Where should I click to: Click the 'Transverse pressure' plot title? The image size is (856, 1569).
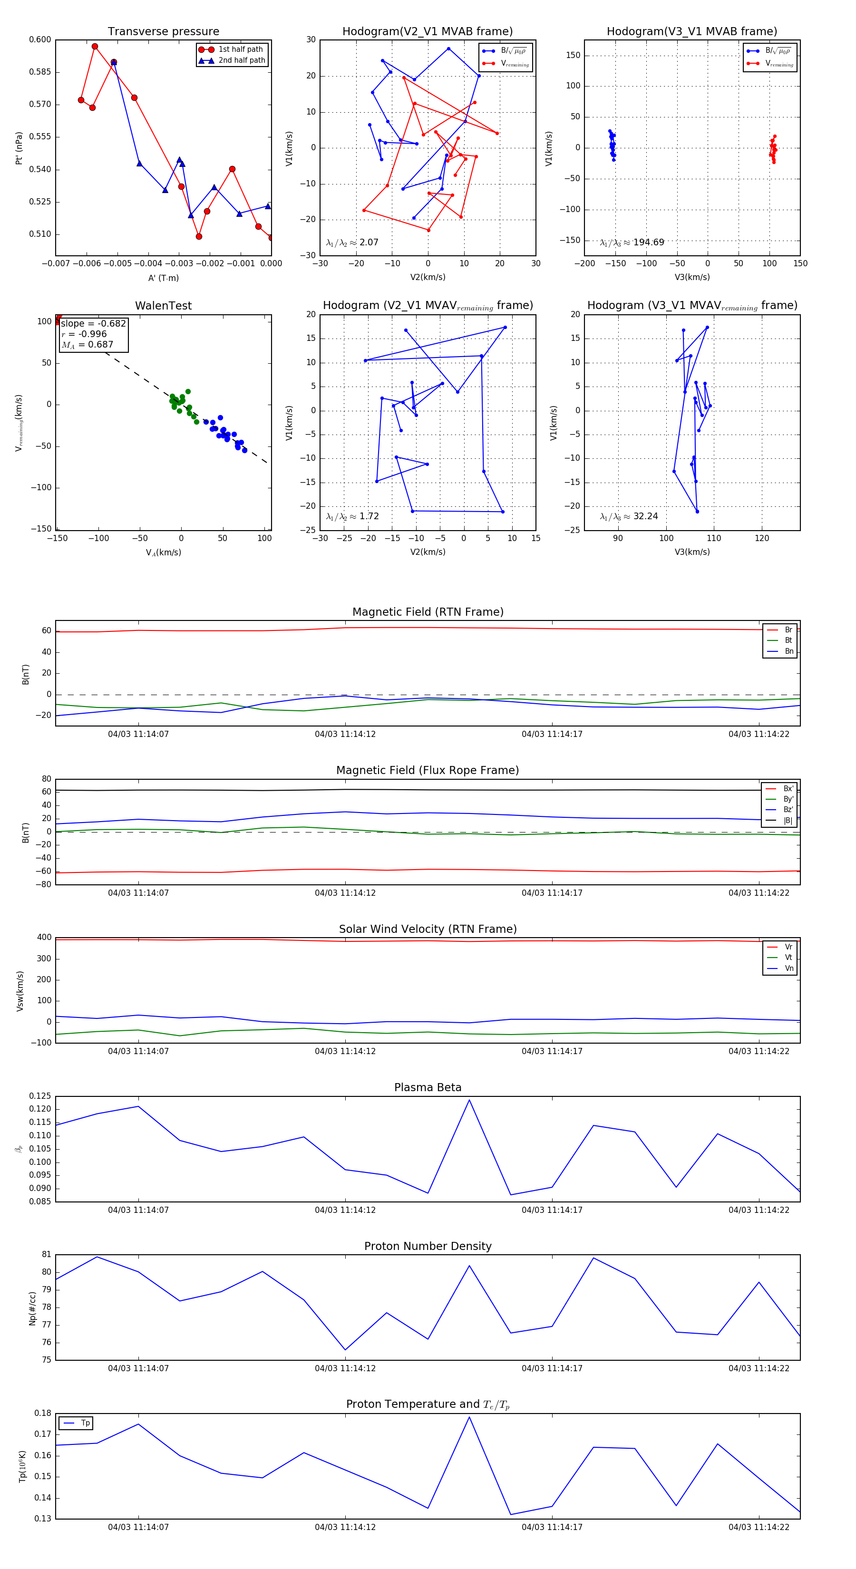(x=163, y=32)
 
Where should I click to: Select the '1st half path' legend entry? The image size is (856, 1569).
(x=240, y=49)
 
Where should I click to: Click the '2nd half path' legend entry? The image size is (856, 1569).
(x=241, y=60)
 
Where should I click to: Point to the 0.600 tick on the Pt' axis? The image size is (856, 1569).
(x=40, y=39)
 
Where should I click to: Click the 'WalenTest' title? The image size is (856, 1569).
(x=163, y=306)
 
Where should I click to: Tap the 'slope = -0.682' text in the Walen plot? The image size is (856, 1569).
(x=93, y=323)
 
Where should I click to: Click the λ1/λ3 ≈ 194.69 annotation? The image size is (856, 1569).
(x=632, y=242)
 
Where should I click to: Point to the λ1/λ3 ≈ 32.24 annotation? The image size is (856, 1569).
(x=629, y=516)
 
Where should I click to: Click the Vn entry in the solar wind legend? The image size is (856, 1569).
(x=788, y=969)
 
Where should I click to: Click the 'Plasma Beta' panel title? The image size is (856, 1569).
(x=428, y=1088)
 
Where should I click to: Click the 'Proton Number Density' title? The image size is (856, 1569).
(x=428, y=1246)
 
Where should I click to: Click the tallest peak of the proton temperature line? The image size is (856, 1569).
(x=469, y=1417)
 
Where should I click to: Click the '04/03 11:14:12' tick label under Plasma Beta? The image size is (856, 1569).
(x=345, y=1210)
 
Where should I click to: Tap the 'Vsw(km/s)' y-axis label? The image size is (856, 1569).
(x=20, y=991)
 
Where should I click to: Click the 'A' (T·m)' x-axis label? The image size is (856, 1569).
(x=163, y=278)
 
